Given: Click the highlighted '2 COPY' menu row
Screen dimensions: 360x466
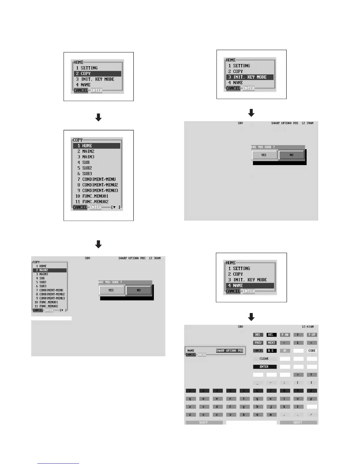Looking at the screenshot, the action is click(x=97, y=74).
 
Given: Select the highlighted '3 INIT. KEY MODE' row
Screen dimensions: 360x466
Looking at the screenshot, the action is click(x=250, y=77).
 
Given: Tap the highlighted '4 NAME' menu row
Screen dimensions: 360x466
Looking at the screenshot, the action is click(x=250, y=285).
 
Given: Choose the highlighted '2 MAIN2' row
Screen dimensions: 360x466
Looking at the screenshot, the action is click(x=49, y=270).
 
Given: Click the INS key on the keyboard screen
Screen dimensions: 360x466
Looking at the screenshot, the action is click(x=258, y=335).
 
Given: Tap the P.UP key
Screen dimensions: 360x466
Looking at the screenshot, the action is click(x=312, y=335).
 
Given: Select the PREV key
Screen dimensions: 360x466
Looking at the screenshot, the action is click(x=258, y=343).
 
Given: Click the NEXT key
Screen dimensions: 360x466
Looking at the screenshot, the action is click(x=271, y=343).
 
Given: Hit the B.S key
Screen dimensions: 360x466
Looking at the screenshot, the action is click(x=271, y=351).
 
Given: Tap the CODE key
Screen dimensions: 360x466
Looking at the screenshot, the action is click(x=312, y=351).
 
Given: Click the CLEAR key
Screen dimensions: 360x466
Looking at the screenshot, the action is click(x=264, y=359).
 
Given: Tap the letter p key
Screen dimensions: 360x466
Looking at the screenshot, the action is click(x=311, y=399).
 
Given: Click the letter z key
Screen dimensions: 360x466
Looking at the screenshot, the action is click(x=190, y=415).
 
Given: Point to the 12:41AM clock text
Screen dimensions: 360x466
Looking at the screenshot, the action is click(x=308, y=327).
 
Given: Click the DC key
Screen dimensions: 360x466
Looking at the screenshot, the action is click(x=285, y=351).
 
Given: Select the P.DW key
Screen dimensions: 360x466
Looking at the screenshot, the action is click(x=285, y=335).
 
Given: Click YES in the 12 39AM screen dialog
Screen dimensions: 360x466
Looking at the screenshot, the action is click(x=264, y=155).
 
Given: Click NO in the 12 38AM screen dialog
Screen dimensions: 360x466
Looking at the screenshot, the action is click(x=139, y=290).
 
